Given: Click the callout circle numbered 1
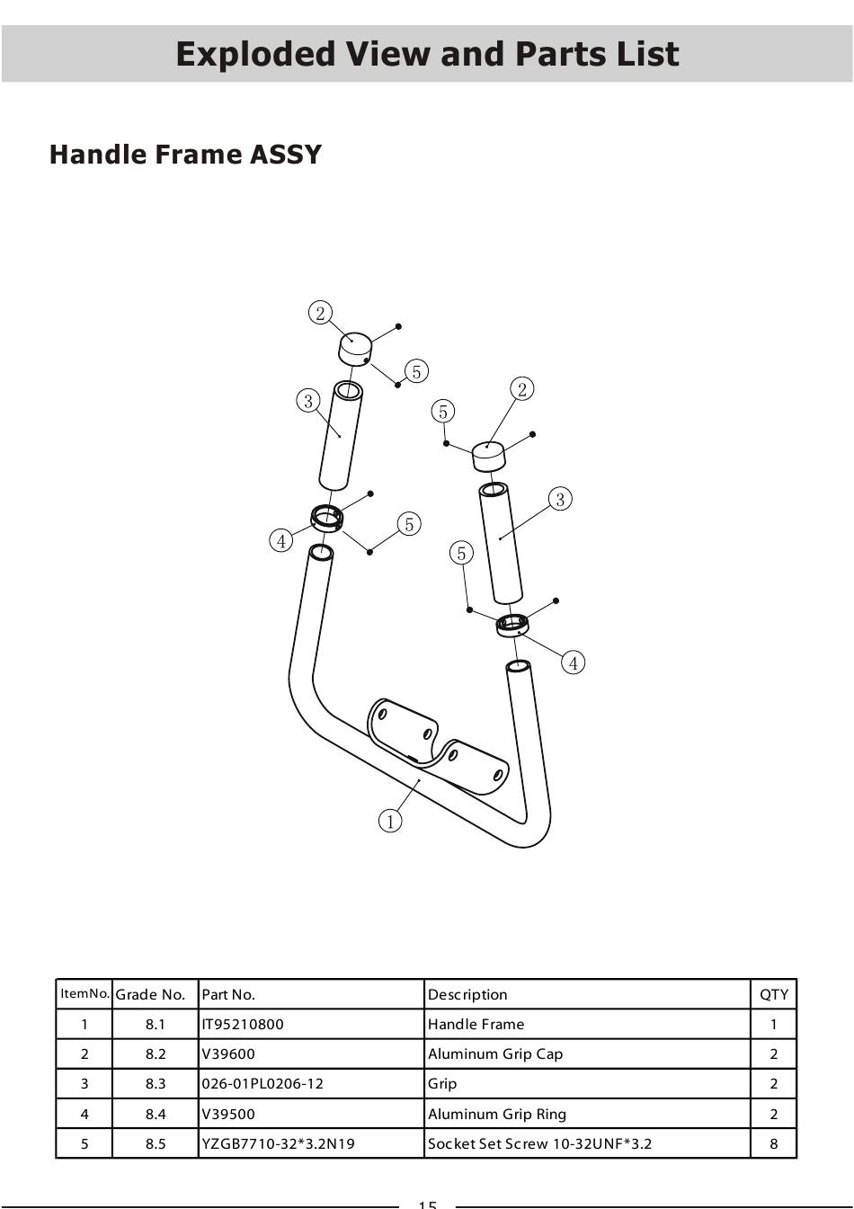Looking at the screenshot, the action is pyautogui.click(x=390, y=821).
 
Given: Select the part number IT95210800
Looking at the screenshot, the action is pyautogui.click(x=243, y=1024).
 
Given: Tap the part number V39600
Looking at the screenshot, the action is pyautogui.click(x=227, y=1053).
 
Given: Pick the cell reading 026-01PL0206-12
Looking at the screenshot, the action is pyautogui.click(x=262, y=1083).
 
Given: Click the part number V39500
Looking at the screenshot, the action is pyautogui.click(x=227, y=1114).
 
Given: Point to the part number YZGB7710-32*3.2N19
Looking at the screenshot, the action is pyautogui.click(x=278, y=1143).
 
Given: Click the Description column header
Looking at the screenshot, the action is pyautogui.click(x=467, y=994).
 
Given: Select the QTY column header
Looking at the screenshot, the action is pyautogui.click(x=774, y=994).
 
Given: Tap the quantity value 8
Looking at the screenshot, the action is pyautogui.click(x=774, y=1143).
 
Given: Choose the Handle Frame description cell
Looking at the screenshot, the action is pyautogui.click(x=476, y=1024).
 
